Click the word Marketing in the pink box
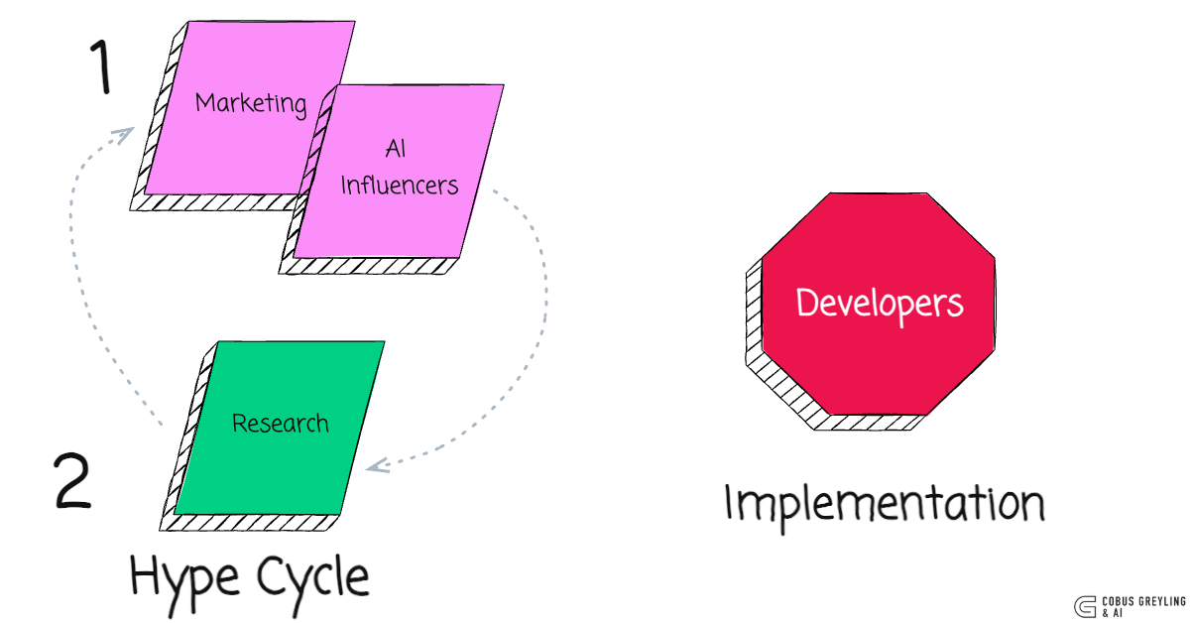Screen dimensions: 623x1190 point(250,103)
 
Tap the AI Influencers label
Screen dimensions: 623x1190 point(399,168)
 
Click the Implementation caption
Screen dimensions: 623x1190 point(884,504)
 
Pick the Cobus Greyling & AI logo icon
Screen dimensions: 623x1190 point(1084,606)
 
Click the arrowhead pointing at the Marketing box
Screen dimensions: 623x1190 point(125,135)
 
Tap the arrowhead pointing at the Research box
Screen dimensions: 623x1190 point(377,463)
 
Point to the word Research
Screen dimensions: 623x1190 point(280,424)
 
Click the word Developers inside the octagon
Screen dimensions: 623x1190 point(880,303)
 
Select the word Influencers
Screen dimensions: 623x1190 point(400,185)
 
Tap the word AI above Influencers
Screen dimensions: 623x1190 point(395,150)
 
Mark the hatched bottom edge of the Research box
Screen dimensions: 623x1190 point(253,523)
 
